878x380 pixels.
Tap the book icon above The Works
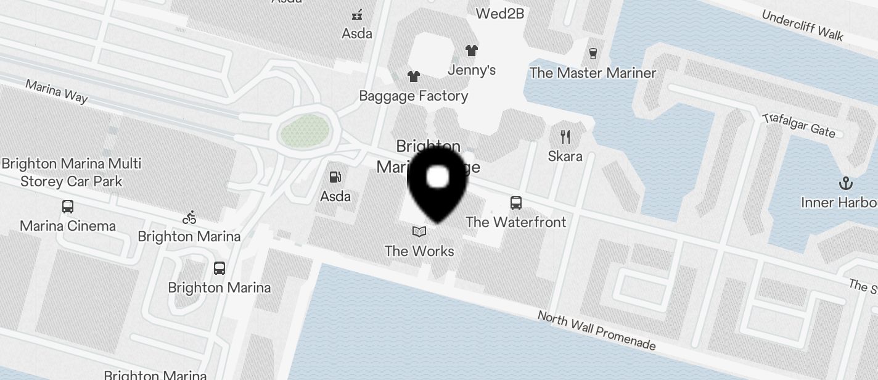coord(419,231)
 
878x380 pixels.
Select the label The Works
coord(419,251)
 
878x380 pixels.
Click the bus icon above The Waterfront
coord(515,202)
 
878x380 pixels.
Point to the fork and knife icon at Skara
coord(565,136)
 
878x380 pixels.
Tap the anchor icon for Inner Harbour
coord(846,183)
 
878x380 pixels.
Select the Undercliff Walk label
coord(802,25)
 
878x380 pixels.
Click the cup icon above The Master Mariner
coord(593,54)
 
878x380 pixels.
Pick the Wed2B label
coord(499,12)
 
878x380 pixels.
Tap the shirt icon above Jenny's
coord(472,51)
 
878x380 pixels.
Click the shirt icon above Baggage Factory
coord(413,76)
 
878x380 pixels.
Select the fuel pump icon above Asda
coord(335,177)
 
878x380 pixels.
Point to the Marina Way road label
coord(57,91)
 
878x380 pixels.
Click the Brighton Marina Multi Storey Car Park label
coord(72,173)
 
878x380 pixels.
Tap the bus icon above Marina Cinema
coord(68,207)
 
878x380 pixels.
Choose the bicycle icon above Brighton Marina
coord(189,217)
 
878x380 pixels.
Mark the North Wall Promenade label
coord(596,331)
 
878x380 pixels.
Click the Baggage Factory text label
coord(413,96)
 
